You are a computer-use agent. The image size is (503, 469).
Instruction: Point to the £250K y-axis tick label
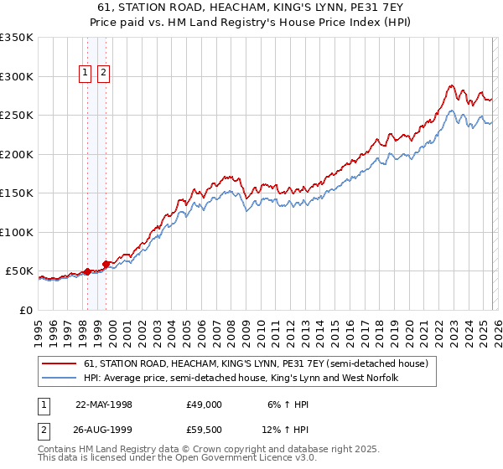pyautogui.click(x=17, y=116)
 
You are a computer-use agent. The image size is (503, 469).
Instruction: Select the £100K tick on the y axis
pyautogui.click(x=17, y=232)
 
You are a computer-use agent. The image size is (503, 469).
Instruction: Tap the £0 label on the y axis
pyautogui.click(x=25, y=310)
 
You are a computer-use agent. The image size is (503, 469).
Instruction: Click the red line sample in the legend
pyautogui.click(x=60, y=364)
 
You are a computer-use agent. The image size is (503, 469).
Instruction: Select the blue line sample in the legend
pyautogui.click(x=60, y=379)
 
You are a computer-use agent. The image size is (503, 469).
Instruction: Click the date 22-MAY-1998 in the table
pyautogui.click(x=104, y=404)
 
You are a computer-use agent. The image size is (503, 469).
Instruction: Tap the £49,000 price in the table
pyautogui.click(x=204, y=404)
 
